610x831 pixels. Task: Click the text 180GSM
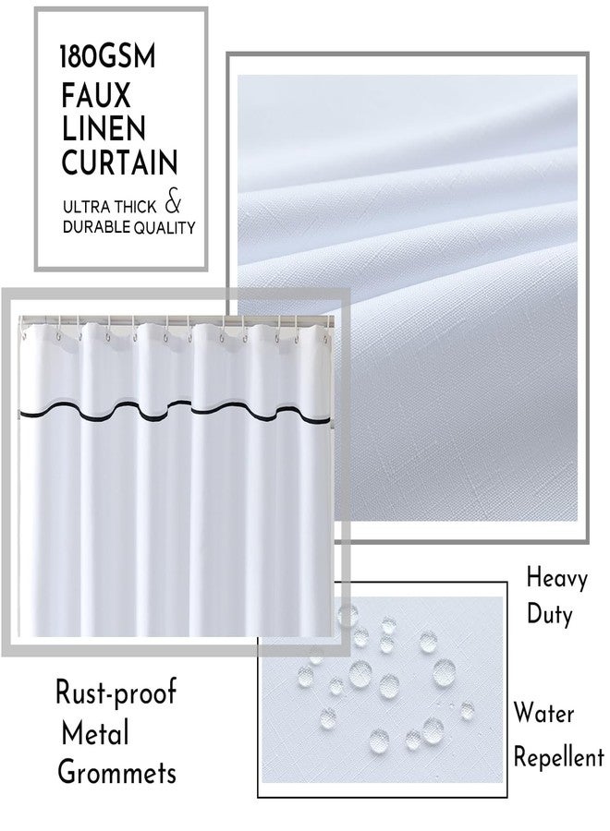click(x=108, y=56)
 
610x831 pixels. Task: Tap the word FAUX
click(x=95, y=95)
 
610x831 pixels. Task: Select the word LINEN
click(x=104, y=128)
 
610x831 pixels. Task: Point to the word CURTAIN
click(x=119, y=162)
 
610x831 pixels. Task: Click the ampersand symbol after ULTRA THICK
click(x=173, y=203)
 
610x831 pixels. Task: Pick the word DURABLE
click(x=96, y=227)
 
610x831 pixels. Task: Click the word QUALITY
click(x=165, y=228)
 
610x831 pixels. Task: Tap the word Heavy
click(x=557, y=578)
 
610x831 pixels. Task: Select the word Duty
click(x=550, y=615)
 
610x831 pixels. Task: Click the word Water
click(x=543, y=713)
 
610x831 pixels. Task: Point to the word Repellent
click(x=559, y=756)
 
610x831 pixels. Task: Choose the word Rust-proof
click(x=116, y=692)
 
